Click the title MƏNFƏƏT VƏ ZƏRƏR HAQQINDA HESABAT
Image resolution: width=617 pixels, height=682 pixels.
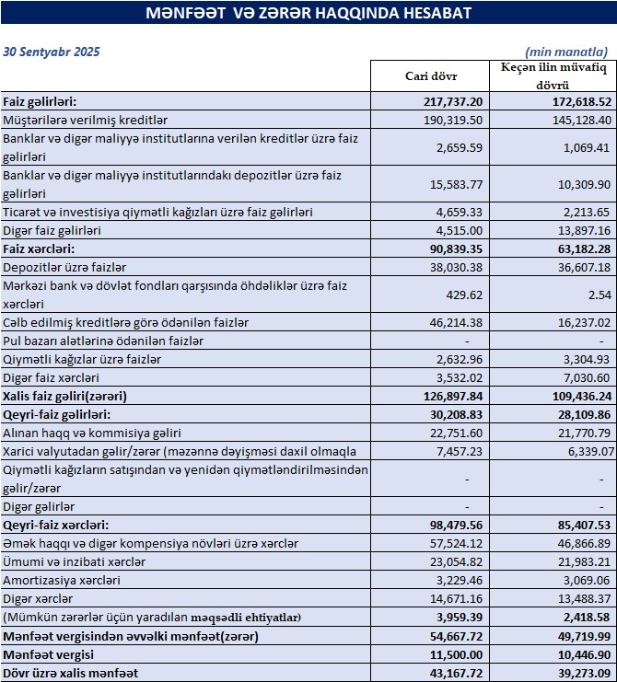(308, 13)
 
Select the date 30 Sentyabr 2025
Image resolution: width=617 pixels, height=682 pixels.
(52, 52)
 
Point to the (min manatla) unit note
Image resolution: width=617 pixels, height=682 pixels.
(565, 52)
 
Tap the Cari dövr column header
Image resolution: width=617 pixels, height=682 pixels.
(432, 75)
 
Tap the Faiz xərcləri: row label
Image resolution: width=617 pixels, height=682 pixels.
(38, 249)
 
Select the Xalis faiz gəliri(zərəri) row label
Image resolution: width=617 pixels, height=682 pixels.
(64, 396)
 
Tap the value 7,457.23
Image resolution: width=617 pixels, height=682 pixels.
(458, 451)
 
